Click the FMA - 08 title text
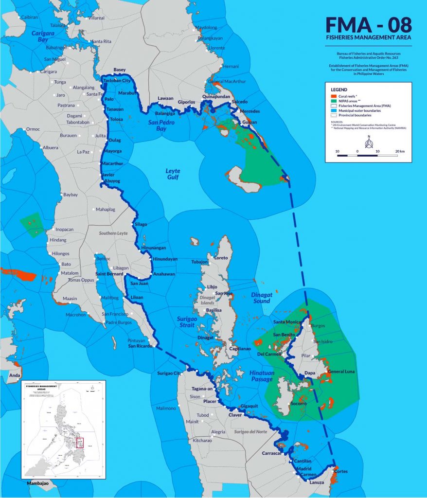(x=369, y=24)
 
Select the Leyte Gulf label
(x=173, y=174)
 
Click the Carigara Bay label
(x=42, y=37)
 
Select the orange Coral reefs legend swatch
(x=334, y=96)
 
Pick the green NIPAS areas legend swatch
(x=334, y=101)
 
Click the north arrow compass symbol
(x=368, y=142)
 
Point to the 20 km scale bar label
(x=400, y=152)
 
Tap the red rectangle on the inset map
(x=80, y=443)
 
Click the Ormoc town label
(x=33, y=129)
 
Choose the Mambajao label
(x=37, y=484)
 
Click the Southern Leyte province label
(x=113, y=233)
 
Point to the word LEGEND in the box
(x=339, y=90)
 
